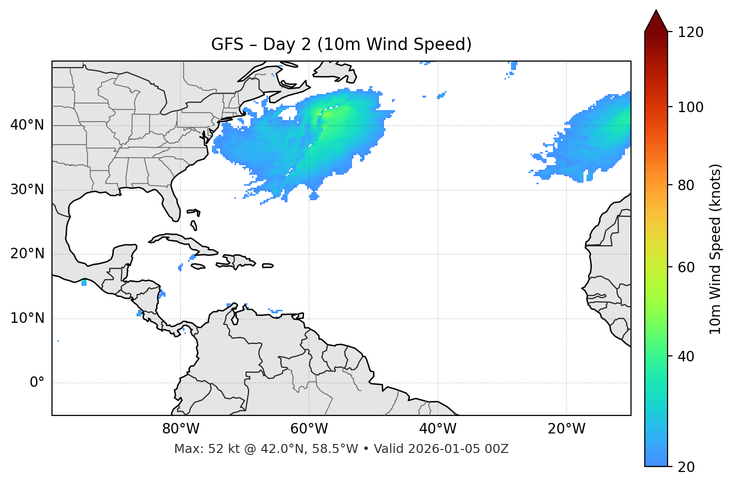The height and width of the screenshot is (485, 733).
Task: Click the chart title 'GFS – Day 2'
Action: click(341, 45)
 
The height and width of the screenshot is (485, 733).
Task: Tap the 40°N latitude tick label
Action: click(27, 125)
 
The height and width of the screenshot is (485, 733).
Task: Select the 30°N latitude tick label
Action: click(27, 190)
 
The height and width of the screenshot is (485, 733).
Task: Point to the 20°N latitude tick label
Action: click(27, 254)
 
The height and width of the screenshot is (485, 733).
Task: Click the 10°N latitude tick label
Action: click(27, 318)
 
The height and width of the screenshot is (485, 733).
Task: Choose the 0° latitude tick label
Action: click(37, 383)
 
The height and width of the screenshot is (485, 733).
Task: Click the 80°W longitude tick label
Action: click(180, 429)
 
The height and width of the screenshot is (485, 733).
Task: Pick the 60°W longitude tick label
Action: click(309, 429)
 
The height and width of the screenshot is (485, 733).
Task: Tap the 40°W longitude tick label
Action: click(437, 429)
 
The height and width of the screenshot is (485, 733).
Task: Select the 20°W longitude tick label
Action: click(566, 429)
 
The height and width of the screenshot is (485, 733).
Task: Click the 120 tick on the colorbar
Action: click(690, 33)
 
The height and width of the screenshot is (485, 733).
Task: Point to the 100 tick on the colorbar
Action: click(690, 107)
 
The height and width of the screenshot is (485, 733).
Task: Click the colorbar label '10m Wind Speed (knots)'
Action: click(715, 249)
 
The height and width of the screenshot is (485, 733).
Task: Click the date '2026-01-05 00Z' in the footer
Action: click(458, 449)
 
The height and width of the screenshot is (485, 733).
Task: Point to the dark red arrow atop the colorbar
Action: click(655, 22)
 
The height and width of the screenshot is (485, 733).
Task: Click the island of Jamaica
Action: click(198, 266)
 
